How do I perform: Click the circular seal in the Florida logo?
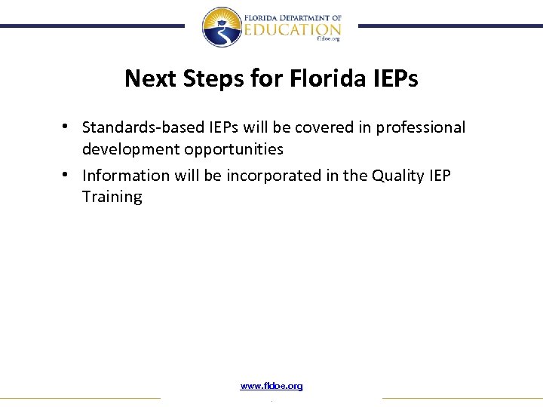[x=221, y=27]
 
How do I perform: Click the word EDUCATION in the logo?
[x=293, y=29]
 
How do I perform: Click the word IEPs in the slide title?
[x=391, y=78]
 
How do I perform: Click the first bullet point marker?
[x=67, y=126]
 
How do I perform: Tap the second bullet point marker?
[x=67, y=174]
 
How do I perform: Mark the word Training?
[x=112, y=197]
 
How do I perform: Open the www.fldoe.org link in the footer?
[x=271, y=386]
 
